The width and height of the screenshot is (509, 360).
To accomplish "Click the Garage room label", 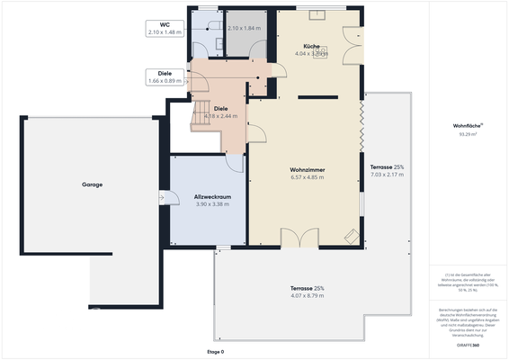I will [92, 184].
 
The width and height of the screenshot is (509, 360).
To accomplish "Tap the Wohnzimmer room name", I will [307, 169].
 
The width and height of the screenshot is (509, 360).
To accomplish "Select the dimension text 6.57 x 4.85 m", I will [307, 177].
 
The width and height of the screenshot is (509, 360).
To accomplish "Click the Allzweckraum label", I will [212, 196].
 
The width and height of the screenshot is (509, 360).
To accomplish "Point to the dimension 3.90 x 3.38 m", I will [212, 204].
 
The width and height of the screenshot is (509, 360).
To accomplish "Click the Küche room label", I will [312, 45].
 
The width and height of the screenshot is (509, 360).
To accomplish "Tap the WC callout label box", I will [165, 28].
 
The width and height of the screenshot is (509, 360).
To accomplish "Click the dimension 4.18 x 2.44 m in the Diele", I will [220, 116].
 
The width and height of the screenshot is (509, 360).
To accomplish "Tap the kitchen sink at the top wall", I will [316, 14].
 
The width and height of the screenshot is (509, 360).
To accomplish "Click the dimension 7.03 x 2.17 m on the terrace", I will [387, 175].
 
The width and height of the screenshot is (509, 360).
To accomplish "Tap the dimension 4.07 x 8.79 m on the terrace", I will [308, 296].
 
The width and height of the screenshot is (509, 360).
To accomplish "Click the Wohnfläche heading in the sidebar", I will [467, 125].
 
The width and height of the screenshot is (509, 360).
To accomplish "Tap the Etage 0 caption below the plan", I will [215, 351].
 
